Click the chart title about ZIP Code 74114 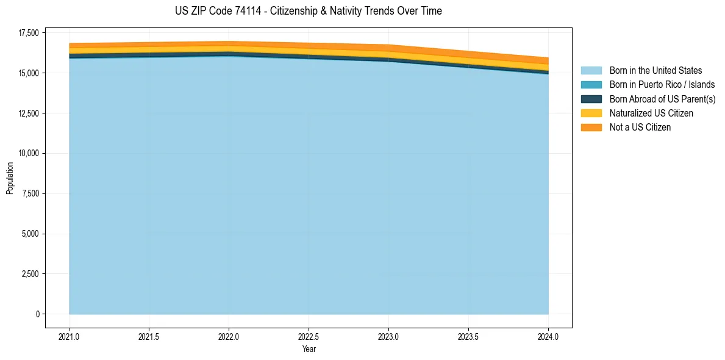pyautogui.click(x=308, y=11)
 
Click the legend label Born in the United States pyautogui.click(x=655, y=71)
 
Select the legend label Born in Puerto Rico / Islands pyautogui.click(x=662, y=85)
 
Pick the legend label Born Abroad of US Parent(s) pyautogui.click(x=662, y=99)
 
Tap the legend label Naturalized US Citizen pyautogui.click(x=651, y=113)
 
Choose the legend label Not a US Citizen pyautogui.click(x=640, y=128)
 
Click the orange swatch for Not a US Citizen pyautogui.click(x=591, y=128)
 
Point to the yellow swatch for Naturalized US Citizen pyautogui.click(x=591, y=113)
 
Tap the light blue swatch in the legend pyautogui.click(x=591, y=71)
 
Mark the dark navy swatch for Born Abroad pyautogui.click(x=591, y=99)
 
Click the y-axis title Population pyautogui.click(x=10, y=178)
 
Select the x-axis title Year pyautogui.click(x=309, y=350)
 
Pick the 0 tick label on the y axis pyautogui.click(x=36, y=314)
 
